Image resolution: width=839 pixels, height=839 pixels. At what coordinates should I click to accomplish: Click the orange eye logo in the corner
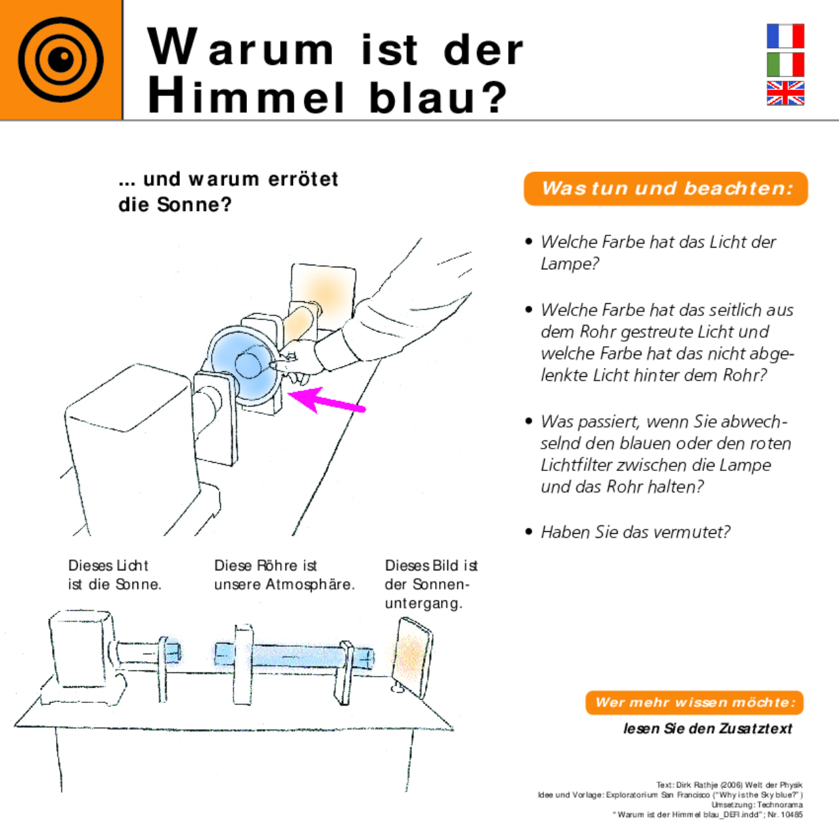pyautogui.click(x=60, y=60)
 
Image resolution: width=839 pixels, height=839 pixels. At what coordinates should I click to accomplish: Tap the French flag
pyautogui.click(x=785, y=36)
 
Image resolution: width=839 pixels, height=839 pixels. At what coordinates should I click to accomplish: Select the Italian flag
pyautogui.click(x=785, y=65)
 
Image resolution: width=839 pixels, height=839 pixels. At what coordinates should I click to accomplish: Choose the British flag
pyautogui.click(x=785, y=93)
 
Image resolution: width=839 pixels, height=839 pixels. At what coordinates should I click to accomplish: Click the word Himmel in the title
pyautogui.click(x=246, y=96)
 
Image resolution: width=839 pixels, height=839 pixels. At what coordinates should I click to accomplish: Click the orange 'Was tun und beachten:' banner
pyautogui.click(x=666, y=189)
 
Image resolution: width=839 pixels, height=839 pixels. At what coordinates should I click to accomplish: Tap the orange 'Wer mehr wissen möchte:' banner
pyautogui.click(x=694, y=702)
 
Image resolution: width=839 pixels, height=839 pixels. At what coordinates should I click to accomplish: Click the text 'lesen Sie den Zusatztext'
pyautogui.click(x=707, y=729)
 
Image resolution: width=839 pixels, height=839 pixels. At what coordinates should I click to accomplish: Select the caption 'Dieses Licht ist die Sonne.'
pyautogui.click(x=114, y=575)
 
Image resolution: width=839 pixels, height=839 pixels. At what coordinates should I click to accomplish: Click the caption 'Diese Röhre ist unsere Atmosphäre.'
pyautogui.click(x=284, y=575)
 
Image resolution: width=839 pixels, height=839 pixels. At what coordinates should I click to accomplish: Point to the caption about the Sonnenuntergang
pyautogui.click(x=431, y=584)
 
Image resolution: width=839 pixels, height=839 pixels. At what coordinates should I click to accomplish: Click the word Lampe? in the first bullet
pyautogui.click(x=570, y=264)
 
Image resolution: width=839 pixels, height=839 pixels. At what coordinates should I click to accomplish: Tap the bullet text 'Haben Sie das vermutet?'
pyautogui.click(x=635, y=532)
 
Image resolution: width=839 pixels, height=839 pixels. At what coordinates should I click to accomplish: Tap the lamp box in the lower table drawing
pyautogui.click(x=80, y=648)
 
